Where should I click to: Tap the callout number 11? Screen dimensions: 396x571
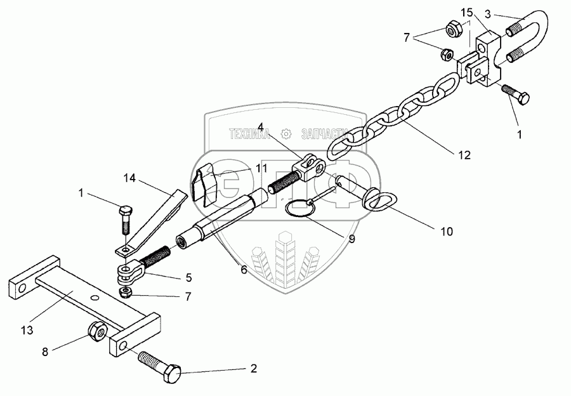[244, 169]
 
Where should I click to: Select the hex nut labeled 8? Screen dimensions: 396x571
[98, 330]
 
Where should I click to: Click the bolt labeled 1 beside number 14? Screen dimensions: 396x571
[125, 220]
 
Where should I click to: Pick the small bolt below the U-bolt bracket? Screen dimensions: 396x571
[517, 95]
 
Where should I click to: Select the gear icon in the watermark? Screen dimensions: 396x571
[285, 134]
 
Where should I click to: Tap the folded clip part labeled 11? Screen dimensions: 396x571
[204, 185]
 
